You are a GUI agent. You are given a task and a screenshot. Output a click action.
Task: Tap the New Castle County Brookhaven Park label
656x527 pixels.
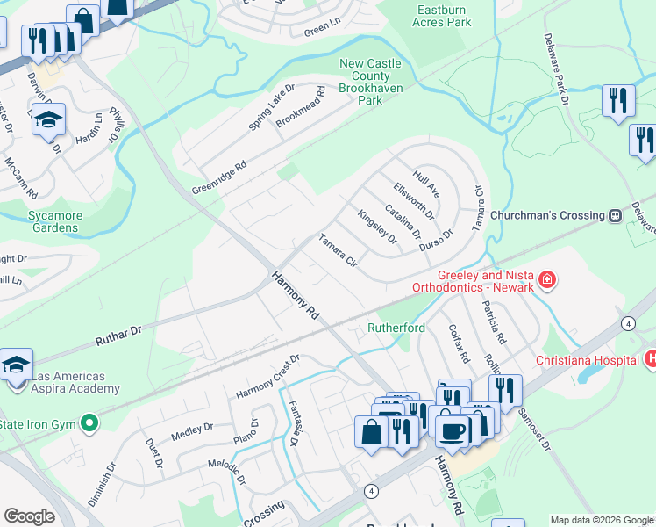pos(372,82)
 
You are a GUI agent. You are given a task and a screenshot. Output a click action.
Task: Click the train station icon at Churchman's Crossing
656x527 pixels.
pos(616,215)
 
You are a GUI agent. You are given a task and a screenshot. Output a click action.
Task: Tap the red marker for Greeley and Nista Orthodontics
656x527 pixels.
pos(547,280)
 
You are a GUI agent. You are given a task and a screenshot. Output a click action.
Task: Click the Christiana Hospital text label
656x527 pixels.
pos(587,360)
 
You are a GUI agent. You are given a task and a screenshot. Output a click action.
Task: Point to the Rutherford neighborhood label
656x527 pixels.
pos(396,328)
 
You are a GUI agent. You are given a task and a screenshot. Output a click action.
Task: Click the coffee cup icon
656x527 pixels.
pos(453,430)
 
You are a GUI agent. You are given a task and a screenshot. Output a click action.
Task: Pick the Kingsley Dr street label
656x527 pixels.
pos(378,227)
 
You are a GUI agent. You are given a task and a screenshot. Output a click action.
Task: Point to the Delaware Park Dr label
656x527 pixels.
pos(557,66)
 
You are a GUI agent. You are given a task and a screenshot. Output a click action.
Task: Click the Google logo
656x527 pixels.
pos(29,516)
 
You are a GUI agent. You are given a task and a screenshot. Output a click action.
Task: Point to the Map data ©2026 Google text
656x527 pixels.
pos(602,520)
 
